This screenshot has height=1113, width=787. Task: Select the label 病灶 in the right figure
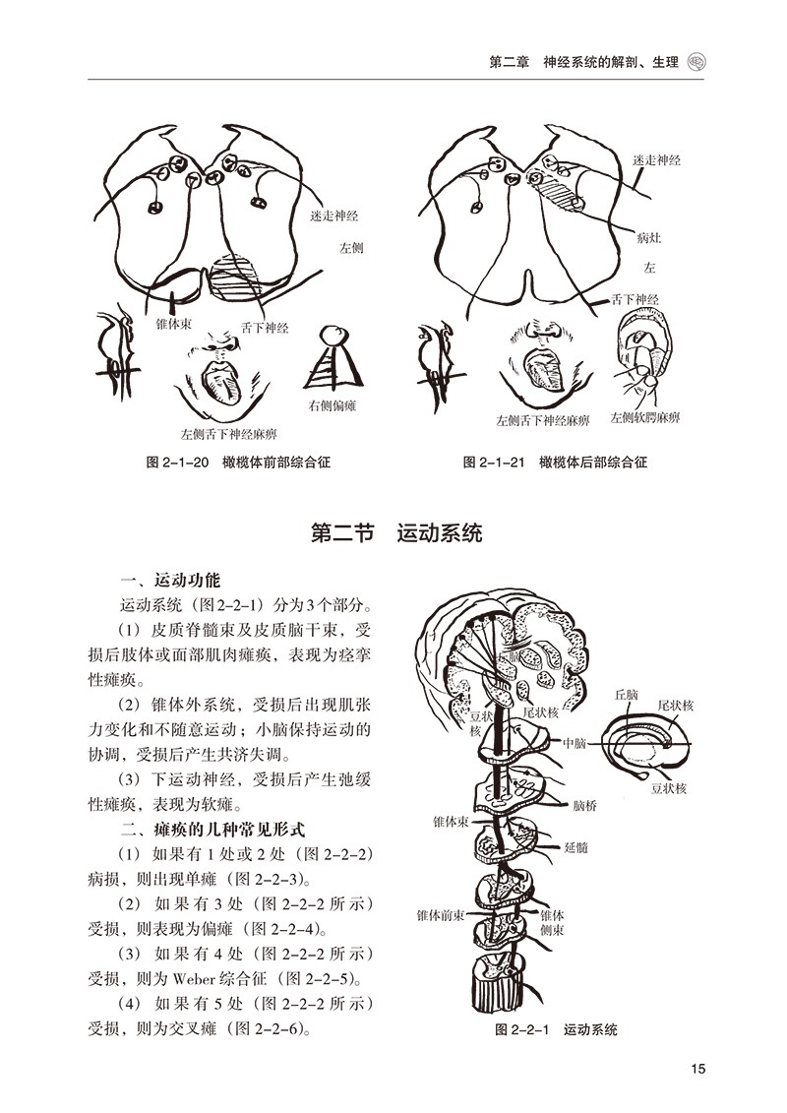(x=650, y=237)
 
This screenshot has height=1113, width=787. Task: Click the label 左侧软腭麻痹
(x=644, y=418)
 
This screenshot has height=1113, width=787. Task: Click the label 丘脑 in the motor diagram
(x=626, y=695)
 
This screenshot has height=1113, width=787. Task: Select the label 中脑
(x=575, y=744)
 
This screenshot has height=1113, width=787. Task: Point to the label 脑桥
(x=584, y=804)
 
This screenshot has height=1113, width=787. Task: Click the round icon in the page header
(x=698, y=61)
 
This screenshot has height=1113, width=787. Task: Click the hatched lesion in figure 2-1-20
(x=237, y=279)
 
